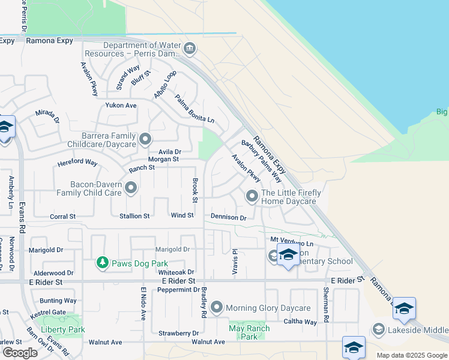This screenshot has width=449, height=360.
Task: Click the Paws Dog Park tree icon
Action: coord(103,263)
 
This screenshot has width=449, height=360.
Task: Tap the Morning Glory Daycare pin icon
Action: coord(217,308)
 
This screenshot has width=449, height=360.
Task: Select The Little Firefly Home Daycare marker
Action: coord(252,196)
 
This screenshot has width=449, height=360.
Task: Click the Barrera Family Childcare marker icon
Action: coord(145,140)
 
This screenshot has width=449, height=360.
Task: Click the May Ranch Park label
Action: coord(250,332)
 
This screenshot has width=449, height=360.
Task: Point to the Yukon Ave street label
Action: coord(121,105)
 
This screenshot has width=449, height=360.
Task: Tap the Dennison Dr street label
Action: coord(228,217)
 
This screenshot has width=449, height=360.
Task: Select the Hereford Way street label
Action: coord(77,163)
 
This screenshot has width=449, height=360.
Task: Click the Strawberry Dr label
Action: coord(179,333)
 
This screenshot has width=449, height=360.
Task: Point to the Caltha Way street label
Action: coord(301,322)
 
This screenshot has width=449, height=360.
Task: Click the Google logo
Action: coord(20,353)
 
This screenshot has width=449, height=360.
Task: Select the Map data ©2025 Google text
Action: coord(412,355)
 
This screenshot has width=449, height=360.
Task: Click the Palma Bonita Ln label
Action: coord(194,109)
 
